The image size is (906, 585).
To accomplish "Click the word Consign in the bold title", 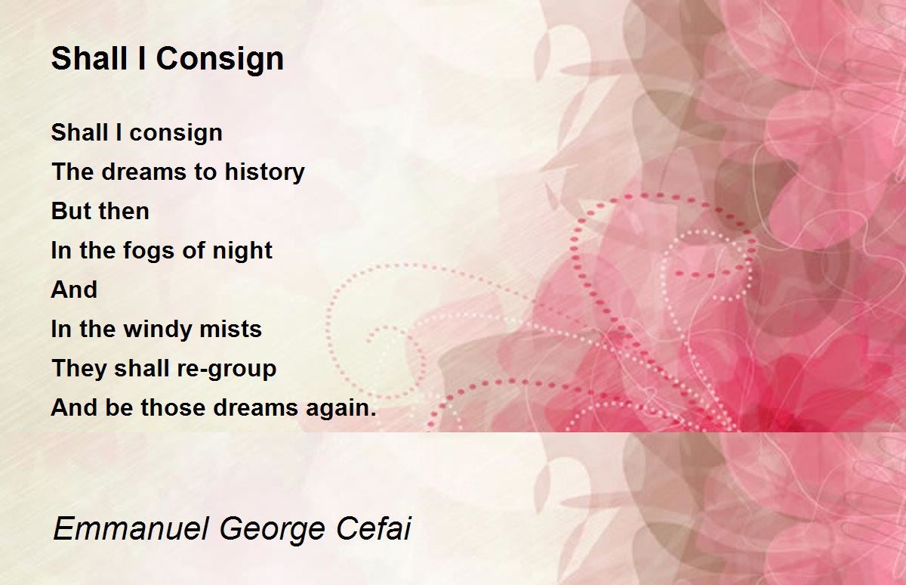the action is (220, 60).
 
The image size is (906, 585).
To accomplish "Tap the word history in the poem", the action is (264, 172).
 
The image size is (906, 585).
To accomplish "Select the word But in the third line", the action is (71, 211).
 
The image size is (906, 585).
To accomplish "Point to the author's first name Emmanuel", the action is (131, 528).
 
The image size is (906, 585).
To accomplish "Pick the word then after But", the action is (124, 211).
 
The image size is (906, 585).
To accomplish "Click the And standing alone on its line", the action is (74, 289).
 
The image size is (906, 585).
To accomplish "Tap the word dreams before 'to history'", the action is (144, 172).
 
